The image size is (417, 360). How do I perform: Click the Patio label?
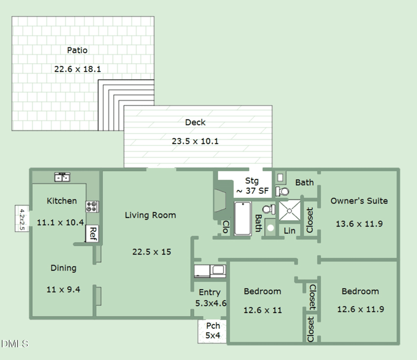(x=77, y=50)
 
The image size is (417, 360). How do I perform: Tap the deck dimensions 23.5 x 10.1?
(x=195, y=141)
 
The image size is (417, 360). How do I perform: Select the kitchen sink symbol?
(x=62, y=177)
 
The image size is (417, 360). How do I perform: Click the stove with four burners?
(x=92, y=207)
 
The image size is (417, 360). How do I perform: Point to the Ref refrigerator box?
(x=92, y=234)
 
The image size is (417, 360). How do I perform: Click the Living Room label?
(x=151, y=215)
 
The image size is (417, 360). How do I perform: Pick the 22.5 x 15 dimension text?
(x=152, y=251)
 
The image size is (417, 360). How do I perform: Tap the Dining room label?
(x=63, y=268)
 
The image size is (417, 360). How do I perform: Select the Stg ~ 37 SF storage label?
(x=252, y=186)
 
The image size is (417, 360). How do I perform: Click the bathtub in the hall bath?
(x=242, y=218)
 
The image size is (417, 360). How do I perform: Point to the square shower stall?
(x=289, y=211)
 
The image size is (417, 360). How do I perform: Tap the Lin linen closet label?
(x=289, y=231)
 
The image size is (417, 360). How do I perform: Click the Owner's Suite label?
(x=359, y=201)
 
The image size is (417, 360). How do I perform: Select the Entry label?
(x=210, y=292)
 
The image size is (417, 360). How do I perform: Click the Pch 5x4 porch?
(x=212, y=331)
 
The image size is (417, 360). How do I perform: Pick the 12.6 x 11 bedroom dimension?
(x=263, y=310)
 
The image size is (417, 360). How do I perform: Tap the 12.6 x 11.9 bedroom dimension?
(x=361, y=309)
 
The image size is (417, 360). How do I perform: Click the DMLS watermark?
(x=15, y=344)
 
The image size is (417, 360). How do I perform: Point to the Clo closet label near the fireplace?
(x=226, y=227)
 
